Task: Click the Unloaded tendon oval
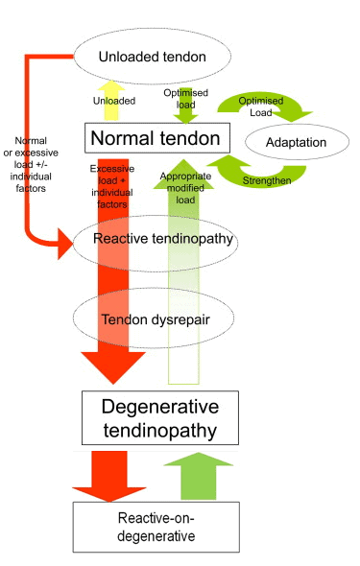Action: [152, 58]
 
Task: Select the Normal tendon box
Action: [155, 139]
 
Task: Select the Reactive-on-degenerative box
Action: [155, 526]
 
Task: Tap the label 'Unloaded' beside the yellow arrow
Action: [114, 100]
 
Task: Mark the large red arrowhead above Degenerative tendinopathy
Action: [113, 367]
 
